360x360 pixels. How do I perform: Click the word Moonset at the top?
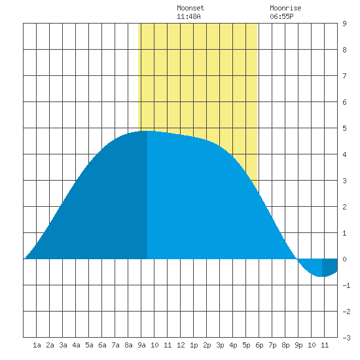190,8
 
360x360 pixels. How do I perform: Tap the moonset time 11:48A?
189,16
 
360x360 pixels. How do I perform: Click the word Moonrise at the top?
285,8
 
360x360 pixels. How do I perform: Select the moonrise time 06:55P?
281,16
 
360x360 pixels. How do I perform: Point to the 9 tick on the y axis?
344,24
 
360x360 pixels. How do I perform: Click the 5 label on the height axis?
344,128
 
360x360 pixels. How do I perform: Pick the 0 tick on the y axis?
344,259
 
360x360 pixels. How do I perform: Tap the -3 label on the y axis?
346,338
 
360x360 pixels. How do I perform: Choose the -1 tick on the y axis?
346,285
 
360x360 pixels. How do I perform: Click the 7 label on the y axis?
344,76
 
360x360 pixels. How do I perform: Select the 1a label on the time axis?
37,345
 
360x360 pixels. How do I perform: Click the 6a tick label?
102,345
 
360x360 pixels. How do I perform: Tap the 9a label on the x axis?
141,345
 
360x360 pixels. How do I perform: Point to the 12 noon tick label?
181,345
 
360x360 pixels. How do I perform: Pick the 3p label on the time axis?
220,345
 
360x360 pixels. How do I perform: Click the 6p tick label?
259,345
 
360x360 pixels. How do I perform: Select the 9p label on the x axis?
298,345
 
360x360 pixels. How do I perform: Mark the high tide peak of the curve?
147,131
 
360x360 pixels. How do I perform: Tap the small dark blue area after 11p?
329,267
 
